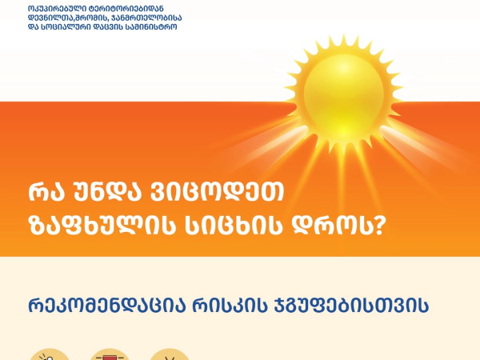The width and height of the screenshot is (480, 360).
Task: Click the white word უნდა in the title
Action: click(x=106, y=192)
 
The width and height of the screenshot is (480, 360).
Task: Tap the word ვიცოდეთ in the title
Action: click(x=217, y=192)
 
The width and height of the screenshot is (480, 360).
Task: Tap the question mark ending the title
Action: click(x=378, y=226)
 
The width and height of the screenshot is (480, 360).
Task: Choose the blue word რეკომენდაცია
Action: click(x=107, y=305)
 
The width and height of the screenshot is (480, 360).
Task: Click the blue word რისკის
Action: click(x=230, y=305)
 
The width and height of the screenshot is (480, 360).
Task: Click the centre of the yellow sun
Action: click(x=343, y=94)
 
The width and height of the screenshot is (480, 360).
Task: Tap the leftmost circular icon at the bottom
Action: click(x=50, y=354)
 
